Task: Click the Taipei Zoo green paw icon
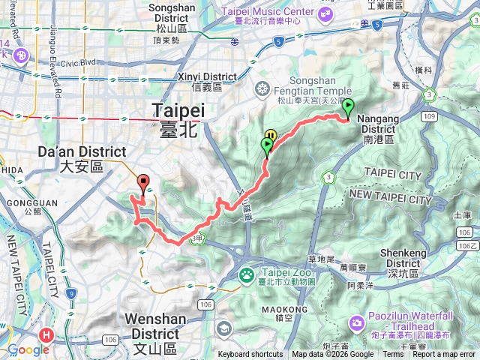point(247,275)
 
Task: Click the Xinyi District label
point(208,81)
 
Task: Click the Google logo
point(28,349)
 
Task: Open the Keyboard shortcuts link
point(250,355)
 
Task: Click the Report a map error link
point(448,355)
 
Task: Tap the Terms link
point(392,355)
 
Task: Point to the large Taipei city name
point(178,118)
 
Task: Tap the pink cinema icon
point(20,55)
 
